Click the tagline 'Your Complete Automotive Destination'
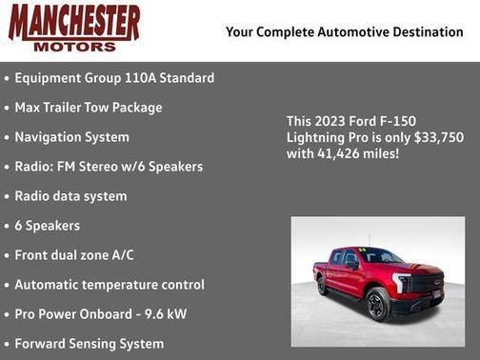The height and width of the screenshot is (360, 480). [x=344, y=32]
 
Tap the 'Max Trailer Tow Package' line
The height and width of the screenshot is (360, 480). [x=89, y=108]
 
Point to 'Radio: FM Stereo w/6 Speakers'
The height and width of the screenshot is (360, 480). [x=109, y=167]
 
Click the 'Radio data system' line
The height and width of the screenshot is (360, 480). [x=70, y=196]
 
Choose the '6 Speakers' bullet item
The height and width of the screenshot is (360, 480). [x=47, y=226]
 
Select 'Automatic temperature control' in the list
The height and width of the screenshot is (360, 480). [x=110, y=285]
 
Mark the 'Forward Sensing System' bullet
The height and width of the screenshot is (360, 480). [x=89, y=344]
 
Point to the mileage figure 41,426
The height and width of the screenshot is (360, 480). [x=338, y=153]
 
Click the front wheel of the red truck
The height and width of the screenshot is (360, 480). [x=377, y=306]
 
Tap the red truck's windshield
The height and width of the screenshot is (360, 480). [x=379, y=256]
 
